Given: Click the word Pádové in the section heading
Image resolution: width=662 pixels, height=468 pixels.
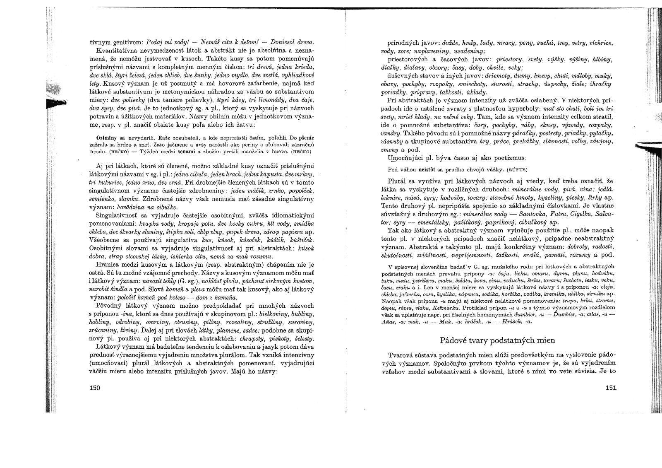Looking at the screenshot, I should click(454, 340).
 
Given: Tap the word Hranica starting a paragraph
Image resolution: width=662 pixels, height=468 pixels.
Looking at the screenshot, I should click(108, 264).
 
